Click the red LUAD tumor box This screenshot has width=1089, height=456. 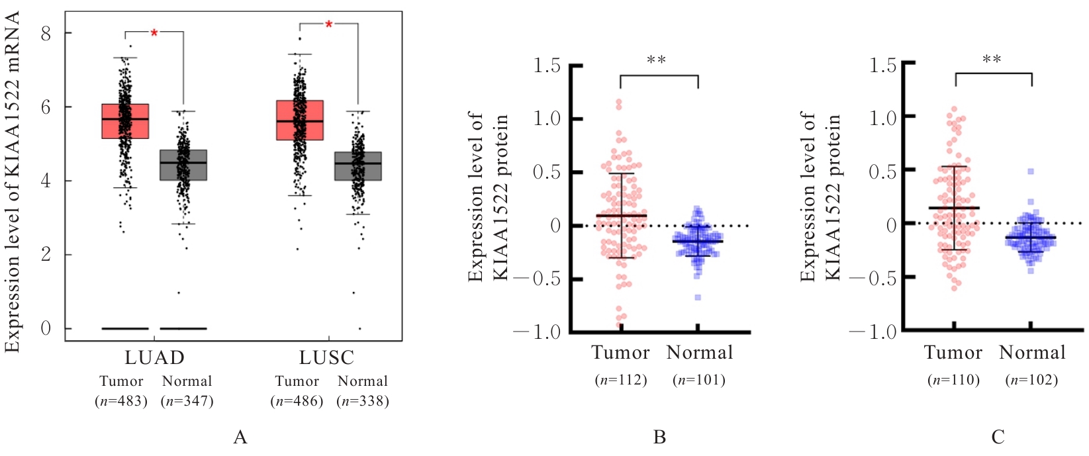coord(125,121)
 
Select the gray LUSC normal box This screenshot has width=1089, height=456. coord(358,165)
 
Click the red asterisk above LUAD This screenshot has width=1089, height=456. coord(154,33)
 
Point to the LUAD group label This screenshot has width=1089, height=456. coord(154,358)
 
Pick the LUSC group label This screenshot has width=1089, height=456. coord(326,358)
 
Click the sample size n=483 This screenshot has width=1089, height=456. coord(121,401)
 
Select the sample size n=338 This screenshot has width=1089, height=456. coord(363,401)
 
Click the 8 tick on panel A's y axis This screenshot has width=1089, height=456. coord(46,33)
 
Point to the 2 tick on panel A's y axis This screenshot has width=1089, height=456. coord(46,255)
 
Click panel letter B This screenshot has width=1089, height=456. coord(659,437)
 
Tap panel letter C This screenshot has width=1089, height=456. coord(998,437)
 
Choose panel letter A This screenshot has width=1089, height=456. coord(240,437)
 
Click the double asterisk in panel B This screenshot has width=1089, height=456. coord(656,60)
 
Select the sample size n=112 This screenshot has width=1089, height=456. coord(621,380)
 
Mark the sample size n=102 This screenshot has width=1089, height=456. coord(1031,380)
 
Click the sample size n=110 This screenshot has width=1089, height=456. coord(953,380)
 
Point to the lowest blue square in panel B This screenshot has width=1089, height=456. coord(698,297)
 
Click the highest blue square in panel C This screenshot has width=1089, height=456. coord(1031,171)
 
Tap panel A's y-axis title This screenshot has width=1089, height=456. coord(13,182)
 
